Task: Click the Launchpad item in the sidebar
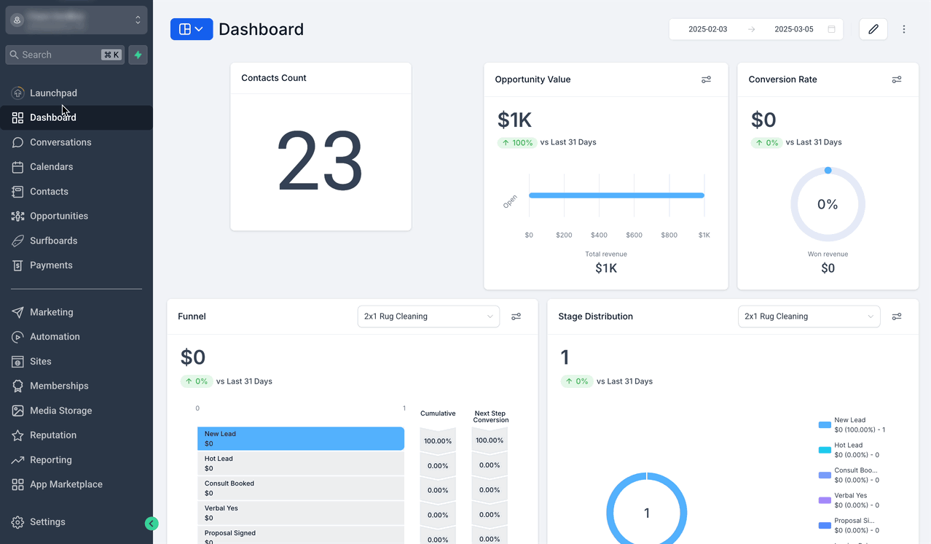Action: click(x=53, y=93)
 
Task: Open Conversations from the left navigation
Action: click(x=60, y=142)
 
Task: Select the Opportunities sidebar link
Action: click(x=59, y=216)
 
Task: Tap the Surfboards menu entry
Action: click(x=53, y=241)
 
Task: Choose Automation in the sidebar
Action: click(x=55, y=337)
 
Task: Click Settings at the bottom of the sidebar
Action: click(x=47, y=522)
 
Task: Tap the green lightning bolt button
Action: click(x=138, y=55)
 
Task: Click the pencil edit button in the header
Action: click(x=873, y=29)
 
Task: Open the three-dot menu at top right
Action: click(x=904, y=29)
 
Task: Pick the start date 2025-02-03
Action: click(x=707, y=29)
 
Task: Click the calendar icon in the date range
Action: click(x=831, y=29)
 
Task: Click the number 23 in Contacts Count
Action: click(x=320, y=161)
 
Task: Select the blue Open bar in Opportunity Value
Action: click(x=616, y=195)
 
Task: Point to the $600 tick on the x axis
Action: click(x=634, y=235)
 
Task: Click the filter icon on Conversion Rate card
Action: click(x=897, y=79)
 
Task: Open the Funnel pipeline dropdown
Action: click(x=428, y=316)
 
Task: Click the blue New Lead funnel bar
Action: click(x=300, y=438)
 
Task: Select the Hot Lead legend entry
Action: click(x=848, y=450)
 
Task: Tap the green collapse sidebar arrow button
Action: click(x=152, y=523)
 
